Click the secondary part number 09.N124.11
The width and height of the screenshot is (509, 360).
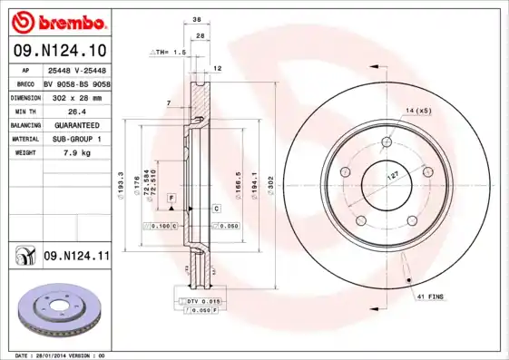pos(76,257)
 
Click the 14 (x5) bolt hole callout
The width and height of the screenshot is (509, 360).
pos(418,110)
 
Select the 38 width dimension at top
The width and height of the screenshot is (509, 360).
pos(197,19)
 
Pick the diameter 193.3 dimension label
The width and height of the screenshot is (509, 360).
pos(121,184)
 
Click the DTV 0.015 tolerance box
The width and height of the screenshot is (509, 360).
pos(202,299)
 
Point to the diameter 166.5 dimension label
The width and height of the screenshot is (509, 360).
pos(239,184)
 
